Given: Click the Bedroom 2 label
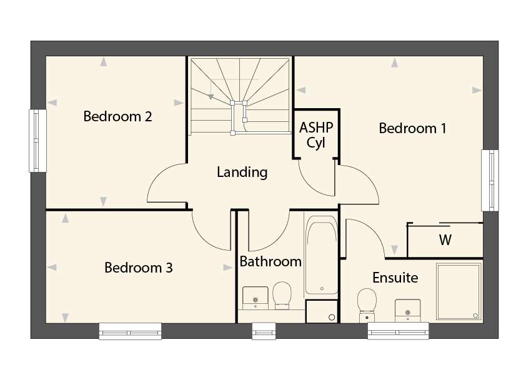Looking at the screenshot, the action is point(117,116).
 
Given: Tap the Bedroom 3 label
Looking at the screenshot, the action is point(138,268).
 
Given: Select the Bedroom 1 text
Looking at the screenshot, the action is point(412,128).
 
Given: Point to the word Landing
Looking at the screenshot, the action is point(242,173).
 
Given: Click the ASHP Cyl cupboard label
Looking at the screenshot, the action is point(316,135).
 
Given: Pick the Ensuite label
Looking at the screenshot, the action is point(395,278).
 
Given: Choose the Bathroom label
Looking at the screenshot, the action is point(270,261).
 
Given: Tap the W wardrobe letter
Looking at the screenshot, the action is point(445,239).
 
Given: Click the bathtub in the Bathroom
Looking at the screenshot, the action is point(321,255).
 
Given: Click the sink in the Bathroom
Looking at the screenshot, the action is point(256,298).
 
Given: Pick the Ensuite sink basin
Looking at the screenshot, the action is point(407,311).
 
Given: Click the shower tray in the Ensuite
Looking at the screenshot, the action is point(459,291).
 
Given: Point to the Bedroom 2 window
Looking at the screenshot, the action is point(37,141).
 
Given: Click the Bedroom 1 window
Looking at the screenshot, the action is point(490,180).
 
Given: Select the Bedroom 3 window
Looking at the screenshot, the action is point(130,331).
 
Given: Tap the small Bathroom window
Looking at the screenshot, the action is point(264,331).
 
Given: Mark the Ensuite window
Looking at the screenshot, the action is point(398,331).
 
